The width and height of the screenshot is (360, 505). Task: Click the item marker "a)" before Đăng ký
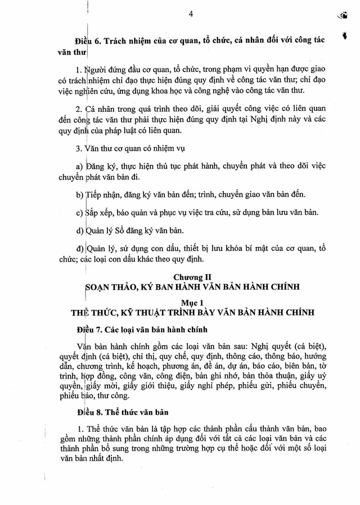coord(78,167)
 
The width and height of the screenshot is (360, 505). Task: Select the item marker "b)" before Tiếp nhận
coord(78,195)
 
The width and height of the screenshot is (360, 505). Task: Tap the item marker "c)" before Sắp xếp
coord(78,213)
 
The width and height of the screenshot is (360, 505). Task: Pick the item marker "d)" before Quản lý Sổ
coord(78,231)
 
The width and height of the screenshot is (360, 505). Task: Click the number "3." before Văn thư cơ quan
coord(78,149)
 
